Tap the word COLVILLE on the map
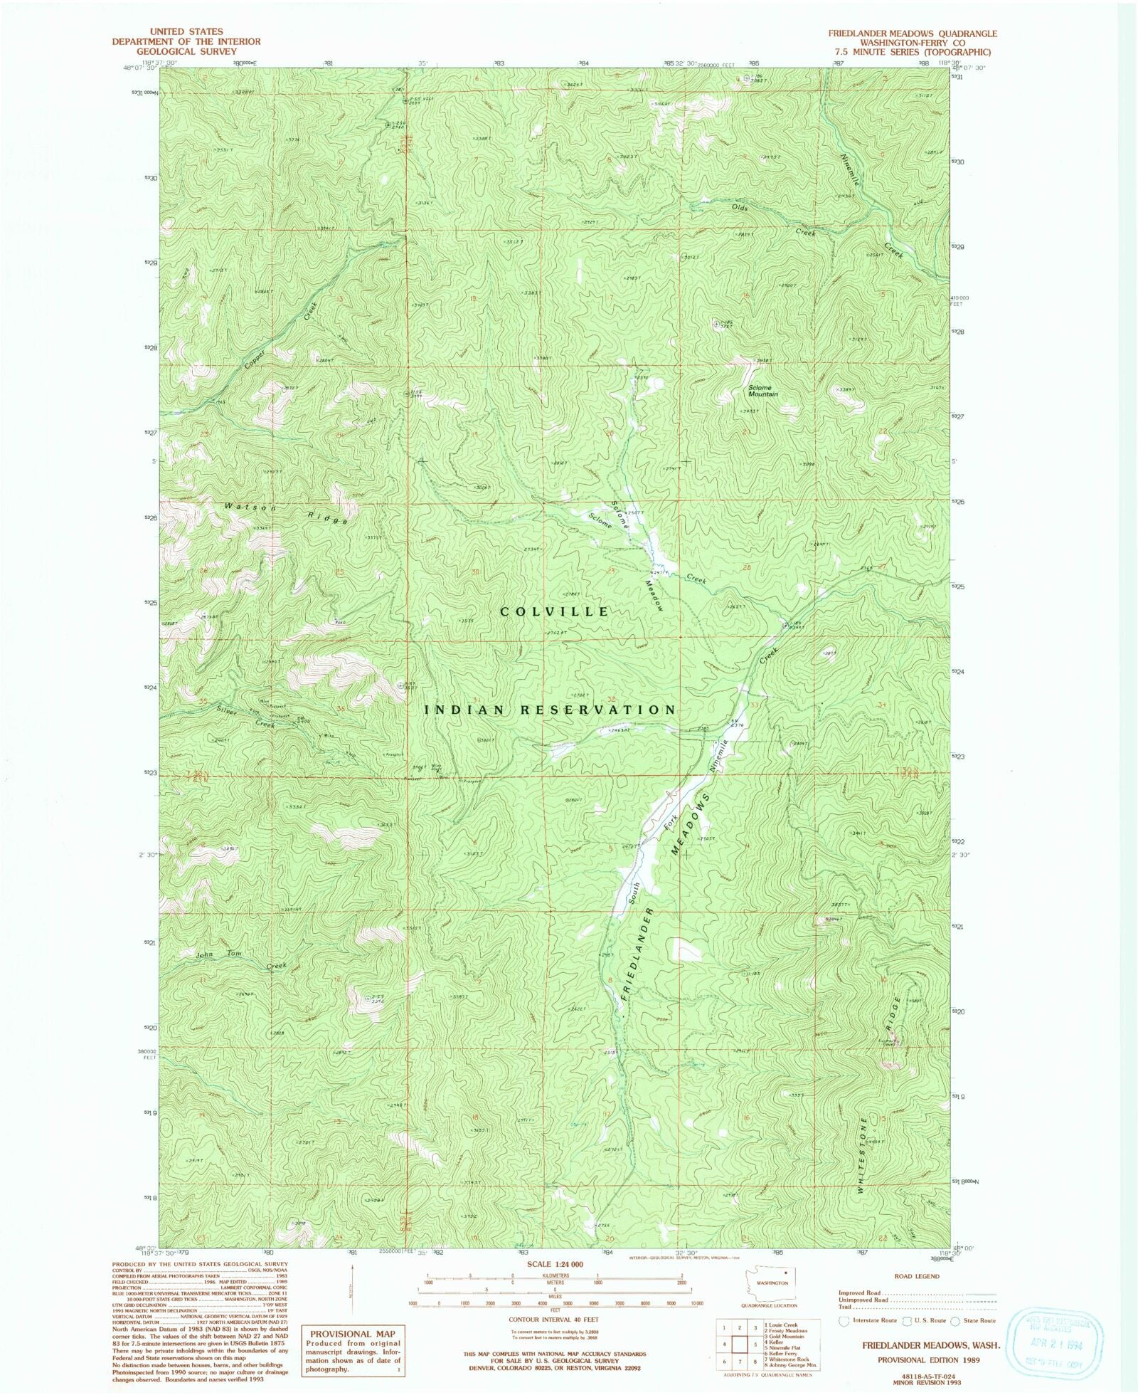coord(555,611)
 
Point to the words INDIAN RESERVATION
coord(550,710)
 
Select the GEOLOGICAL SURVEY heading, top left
coord(186,51)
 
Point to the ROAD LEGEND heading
coord(918,1276)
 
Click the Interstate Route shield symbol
coord(844,1321)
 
